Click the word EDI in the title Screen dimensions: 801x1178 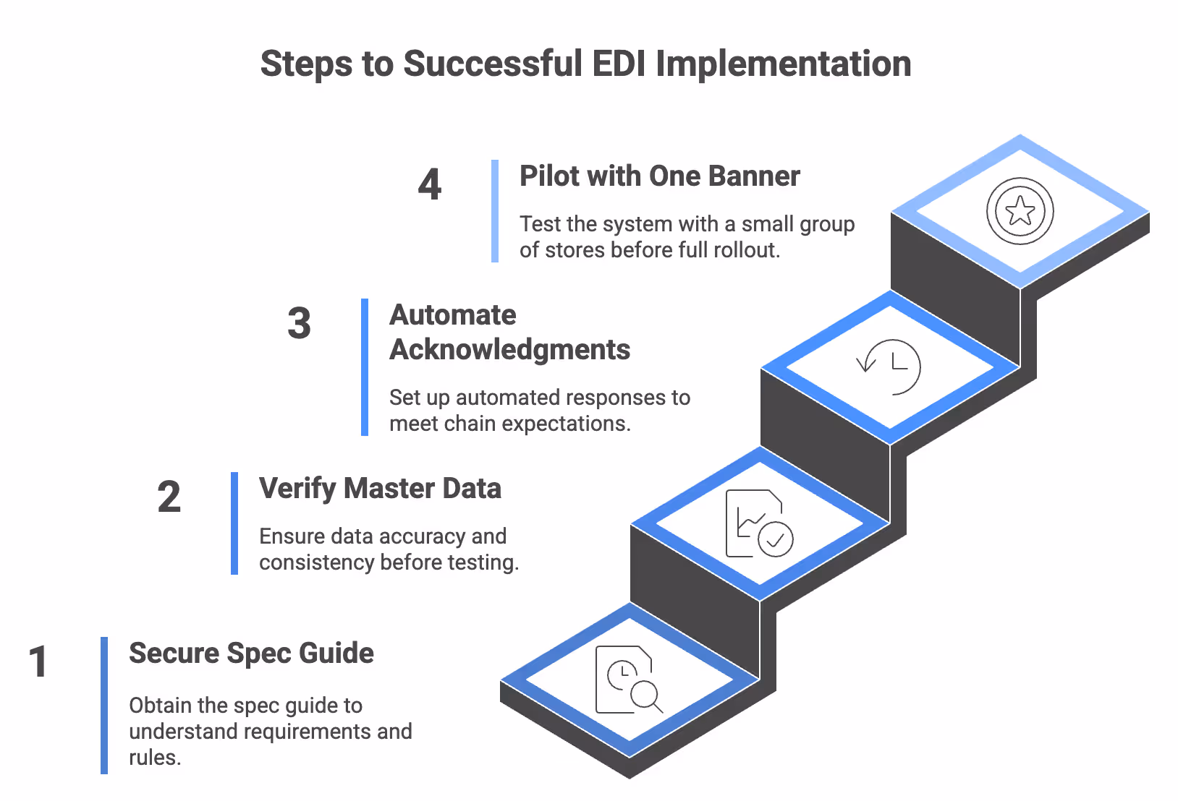tap(619, 64)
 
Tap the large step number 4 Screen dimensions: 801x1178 tap(430, 185)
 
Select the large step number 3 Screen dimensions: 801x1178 tap(299, 323)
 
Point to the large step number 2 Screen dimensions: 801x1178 tap(169, 497)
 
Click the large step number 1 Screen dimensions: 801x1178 tap(38, 662)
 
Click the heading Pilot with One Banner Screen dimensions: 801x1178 tap(659, 176)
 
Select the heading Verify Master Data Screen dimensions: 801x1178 tap(380, 489)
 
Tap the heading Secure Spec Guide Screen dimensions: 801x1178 tap(251, 654)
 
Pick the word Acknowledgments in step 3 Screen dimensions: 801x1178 tap(509, 350)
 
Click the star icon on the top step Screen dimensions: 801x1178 tap(1020, 211)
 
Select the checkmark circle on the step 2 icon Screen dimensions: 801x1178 tap(776, 539)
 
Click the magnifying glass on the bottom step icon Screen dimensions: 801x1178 tap(645, 695)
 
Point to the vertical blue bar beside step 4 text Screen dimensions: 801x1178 tap(495, 211)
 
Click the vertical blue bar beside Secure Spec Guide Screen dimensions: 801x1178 tap(104, 705)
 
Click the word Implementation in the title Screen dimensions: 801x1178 tap(783, 64)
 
